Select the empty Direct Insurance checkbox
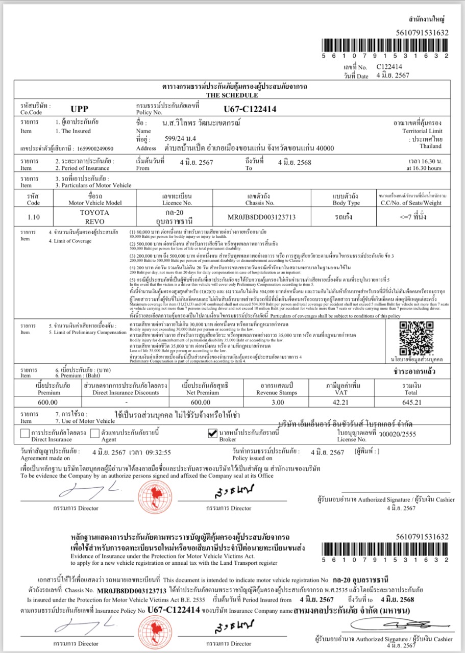[25, 434]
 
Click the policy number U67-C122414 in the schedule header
[250, 109]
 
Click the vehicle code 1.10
[33, 217]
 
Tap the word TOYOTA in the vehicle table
[94, 212]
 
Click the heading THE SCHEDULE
[232, 95]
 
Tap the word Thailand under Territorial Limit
[430, 146]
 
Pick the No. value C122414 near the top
[389, 67]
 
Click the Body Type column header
[347, 199]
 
